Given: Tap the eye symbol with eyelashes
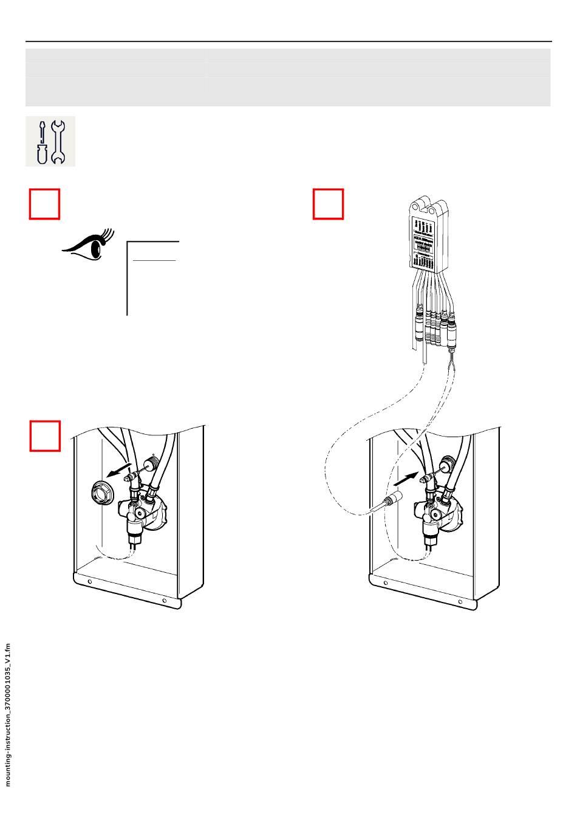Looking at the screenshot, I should (89, 246).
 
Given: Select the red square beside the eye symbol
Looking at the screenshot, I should (45, 204).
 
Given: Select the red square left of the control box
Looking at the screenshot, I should (329, 204).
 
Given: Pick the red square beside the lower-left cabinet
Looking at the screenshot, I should (45, 435).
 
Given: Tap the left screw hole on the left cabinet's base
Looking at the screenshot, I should (90, 582).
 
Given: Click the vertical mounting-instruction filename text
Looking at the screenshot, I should (9, 714).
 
